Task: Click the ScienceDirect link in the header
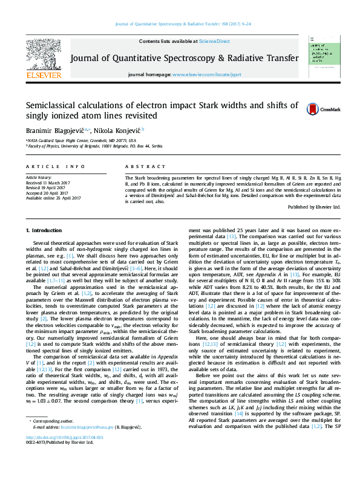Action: coord(215,41)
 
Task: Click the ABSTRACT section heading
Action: coord(141,166)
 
